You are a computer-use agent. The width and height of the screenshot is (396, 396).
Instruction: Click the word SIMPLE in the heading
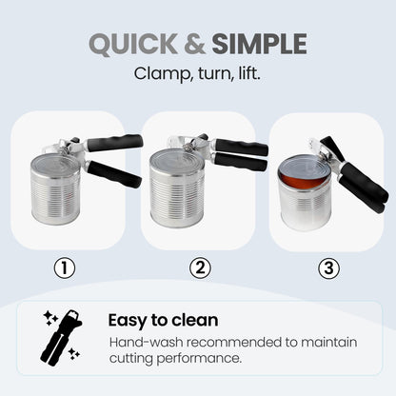(260, 44)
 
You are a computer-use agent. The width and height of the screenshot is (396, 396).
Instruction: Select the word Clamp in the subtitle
(155, 72)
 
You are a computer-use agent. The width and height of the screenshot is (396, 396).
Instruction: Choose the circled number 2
(199, 269)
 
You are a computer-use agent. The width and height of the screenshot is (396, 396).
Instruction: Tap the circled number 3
(329, 269)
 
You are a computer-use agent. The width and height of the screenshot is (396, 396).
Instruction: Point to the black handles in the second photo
(240, 155)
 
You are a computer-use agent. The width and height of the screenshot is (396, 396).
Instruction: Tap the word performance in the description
(204, 358)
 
